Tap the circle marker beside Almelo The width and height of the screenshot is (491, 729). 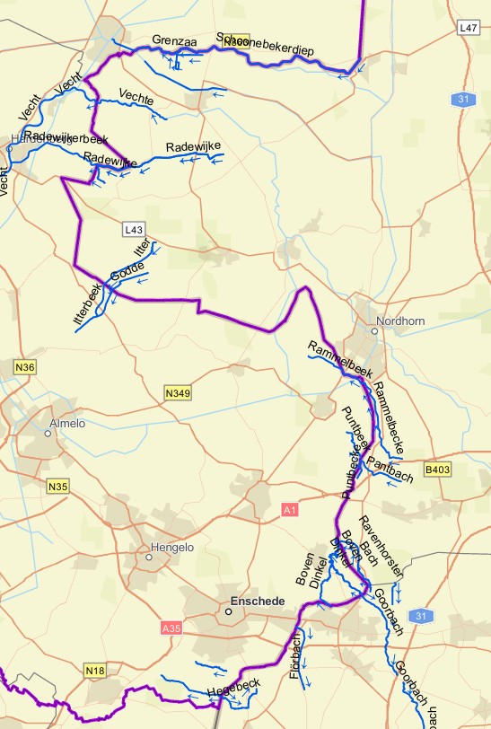tap(48, 433)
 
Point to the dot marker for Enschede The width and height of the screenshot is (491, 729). tap(228, 611)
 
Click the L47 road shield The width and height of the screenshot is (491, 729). tap(467, 29)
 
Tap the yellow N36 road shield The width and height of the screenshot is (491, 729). tap(25, 367)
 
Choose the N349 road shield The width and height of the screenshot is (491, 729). tap(178, 392)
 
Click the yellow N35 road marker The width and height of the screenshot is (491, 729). tap(57, 486)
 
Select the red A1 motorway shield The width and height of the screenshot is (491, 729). tap(289, 510)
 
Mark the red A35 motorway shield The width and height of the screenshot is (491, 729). tap(171, 629)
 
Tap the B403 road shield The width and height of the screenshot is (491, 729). tap(437, 469)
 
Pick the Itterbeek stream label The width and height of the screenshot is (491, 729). tap(87, 304)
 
